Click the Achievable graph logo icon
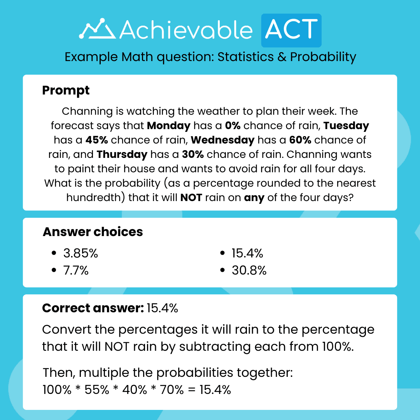(97, 30)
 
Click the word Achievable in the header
(186, 30)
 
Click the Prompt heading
(66, 91)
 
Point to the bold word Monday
(169, 126)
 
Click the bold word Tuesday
(346, 126)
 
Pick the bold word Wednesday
(222, 140)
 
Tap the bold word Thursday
(122, 154)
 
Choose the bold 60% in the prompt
(300, 140)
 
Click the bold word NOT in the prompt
(191, 198)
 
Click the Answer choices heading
(93, 232)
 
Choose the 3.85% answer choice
(80, 254)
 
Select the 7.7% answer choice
(75, 270)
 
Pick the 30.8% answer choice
(249, 270)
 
